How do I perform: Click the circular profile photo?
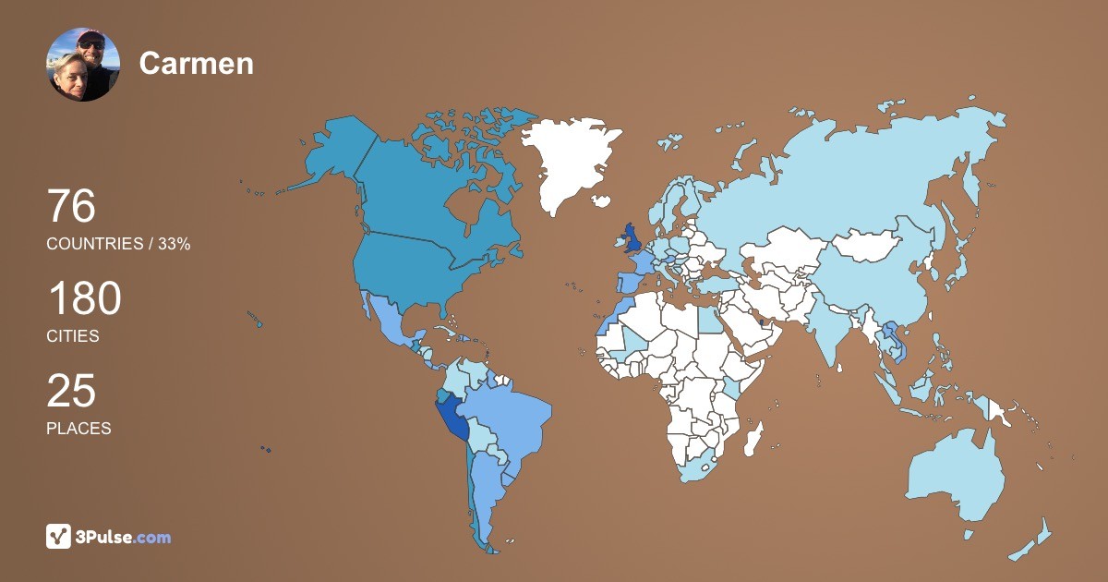83,65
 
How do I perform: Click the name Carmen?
196,63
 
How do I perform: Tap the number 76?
71,206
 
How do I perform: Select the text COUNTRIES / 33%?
118,244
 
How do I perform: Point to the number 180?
84,299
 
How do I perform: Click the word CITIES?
73,336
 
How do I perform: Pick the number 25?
71,391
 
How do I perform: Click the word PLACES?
78,429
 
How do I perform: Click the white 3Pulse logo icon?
59,536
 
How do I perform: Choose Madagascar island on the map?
754,435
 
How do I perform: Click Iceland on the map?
602,200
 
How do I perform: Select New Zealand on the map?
1034,540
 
